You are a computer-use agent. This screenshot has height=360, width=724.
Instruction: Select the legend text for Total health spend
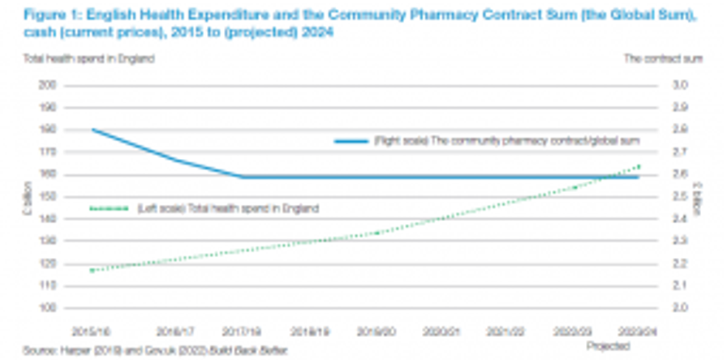tap(228, 208)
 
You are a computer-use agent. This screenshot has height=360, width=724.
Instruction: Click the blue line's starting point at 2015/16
tap(92, 129)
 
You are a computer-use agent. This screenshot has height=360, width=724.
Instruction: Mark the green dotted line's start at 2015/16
tap(92, 271)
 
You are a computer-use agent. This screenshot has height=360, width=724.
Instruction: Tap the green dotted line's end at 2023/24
tap(638, 166)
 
